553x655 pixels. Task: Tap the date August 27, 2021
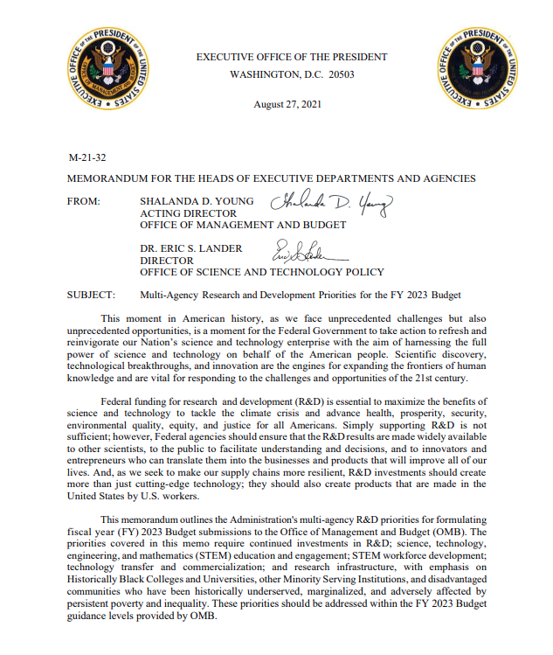(x=287, y=105)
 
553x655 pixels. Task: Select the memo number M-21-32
(x=86, y=158)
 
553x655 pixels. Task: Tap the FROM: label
(x=84, y=201)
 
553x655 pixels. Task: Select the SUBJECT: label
(x=92, y=295)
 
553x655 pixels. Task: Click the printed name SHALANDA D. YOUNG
(x=197, y=201)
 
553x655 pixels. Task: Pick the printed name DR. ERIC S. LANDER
(x=190, y=248)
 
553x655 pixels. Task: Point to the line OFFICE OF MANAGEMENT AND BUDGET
(x=231, y=225)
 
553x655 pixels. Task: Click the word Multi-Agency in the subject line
(x=170, y=295)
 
